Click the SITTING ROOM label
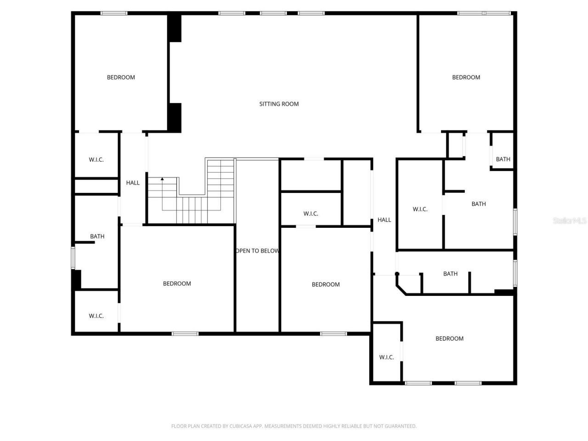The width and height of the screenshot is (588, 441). [x=279, y=104]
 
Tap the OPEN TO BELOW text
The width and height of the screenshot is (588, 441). [x=257, y=251]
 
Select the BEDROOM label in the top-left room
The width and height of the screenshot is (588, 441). [x=121, y=77]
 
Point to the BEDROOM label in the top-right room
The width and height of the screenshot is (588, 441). [x=466, y=77]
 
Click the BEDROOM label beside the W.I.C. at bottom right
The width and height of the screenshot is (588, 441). [x=449, y=339]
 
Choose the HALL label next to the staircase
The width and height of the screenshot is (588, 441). [x=133, y=183]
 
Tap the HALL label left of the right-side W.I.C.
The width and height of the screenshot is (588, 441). [x=384, y=220]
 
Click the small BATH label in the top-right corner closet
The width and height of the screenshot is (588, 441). [x=503, y=159]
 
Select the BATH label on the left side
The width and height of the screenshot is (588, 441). [x=97, y=237]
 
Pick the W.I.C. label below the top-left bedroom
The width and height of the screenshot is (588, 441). [x=96, y=160]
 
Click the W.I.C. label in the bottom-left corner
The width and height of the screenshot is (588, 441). [x=96, y=316]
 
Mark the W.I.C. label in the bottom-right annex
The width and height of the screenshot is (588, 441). [x=386, y=357]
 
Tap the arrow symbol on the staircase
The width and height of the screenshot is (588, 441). [x=162, y=179]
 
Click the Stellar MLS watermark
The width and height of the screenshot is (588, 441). [x=570, y=221]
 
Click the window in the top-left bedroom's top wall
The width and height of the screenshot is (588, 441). [x=114, y=13]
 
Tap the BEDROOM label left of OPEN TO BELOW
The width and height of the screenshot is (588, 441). [x=177, y=284]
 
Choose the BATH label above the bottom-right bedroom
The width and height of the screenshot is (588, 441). [x=450, y=274]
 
